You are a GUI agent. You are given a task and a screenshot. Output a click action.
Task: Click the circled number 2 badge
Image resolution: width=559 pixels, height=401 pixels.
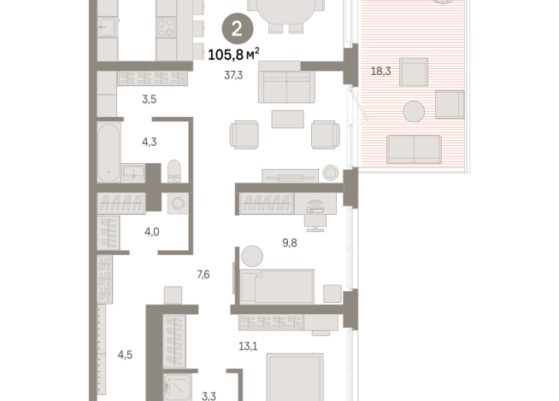238,28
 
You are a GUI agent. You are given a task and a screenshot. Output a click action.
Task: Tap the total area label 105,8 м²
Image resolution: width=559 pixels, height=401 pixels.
233,55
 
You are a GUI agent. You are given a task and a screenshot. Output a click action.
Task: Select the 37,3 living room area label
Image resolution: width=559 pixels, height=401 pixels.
233,75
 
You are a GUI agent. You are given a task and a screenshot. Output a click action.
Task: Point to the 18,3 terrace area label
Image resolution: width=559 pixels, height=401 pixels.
380,71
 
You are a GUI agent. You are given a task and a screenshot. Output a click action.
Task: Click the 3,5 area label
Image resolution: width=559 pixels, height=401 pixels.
149,99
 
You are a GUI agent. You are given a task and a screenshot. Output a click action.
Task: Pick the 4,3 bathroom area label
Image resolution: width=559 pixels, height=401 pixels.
149,142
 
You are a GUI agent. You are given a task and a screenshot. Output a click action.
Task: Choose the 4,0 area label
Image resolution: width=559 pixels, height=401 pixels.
152,232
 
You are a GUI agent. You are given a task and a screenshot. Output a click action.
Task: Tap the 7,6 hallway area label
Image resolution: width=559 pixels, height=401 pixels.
203,275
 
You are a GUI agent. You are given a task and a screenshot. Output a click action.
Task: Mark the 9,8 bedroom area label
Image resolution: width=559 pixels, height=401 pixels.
290,242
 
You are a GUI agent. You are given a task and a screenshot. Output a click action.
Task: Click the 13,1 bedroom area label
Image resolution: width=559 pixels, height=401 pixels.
248,346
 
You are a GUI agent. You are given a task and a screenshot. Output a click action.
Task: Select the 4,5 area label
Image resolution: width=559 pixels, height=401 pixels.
125,355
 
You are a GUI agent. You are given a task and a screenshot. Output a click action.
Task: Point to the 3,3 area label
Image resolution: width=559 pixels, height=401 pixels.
209,396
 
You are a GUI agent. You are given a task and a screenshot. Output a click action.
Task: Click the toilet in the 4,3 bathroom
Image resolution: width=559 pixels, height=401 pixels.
174,171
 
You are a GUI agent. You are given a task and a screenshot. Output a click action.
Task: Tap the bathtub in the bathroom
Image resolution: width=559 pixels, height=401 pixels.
109,152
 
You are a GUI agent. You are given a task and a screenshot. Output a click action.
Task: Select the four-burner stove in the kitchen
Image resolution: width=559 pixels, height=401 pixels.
166,27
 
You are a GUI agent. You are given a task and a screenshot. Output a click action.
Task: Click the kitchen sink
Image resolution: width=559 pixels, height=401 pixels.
108,26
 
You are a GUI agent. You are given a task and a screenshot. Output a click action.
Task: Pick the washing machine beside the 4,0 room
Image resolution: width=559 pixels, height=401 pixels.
178,204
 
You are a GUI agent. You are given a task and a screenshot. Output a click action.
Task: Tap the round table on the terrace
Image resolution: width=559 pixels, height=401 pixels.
414,112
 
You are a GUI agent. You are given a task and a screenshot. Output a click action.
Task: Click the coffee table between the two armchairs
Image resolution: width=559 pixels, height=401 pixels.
288,119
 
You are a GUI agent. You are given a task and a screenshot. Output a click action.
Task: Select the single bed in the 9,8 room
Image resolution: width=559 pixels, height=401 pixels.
277,287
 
